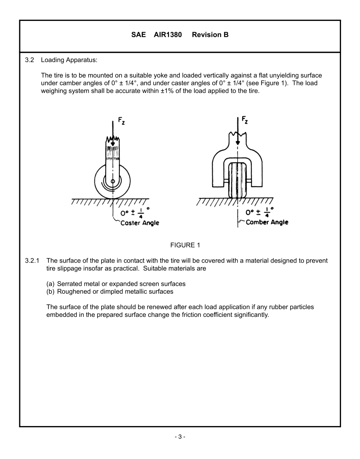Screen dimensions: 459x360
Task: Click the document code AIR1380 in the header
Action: tap(167, 35)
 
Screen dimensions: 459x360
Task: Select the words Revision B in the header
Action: tap(210, 35)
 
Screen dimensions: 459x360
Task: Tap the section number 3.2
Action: tap(30, 60)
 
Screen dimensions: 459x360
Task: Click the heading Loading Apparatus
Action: tap(69, 60)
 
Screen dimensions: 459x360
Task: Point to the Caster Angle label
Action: tap(139, 223)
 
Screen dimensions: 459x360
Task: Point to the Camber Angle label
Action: tap(267, 222)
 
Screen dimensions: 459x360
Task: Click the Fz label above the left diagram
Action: tap(121, 121)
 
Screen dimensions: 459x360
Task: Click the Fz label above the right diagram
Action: tap(245, 121)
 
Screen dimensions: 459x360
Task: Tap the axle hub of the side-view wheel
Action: tap(113, 181)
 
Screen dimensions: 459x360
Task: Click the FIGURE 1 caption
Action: tap(185, 245)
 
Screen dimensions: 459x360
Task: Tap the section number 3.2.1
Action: tap(32, 261)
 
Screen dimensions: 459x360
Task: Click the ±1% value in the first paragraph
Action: tap(172, 91)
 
